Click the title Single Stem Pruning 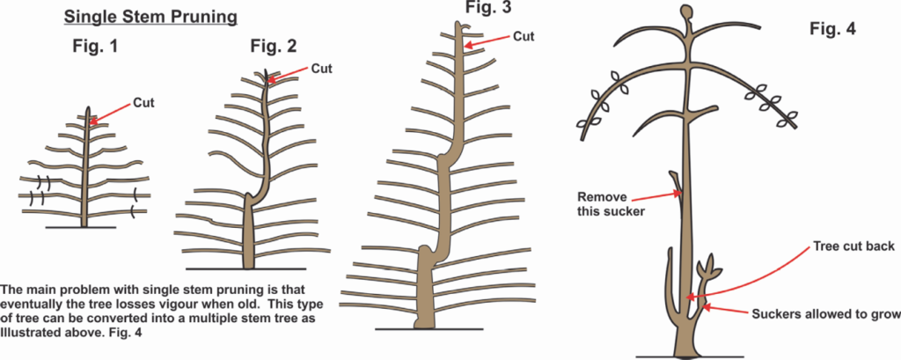pyautogui.click(x=150, y=18)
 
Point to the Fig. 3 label pyautogui.click(x=487, y=7)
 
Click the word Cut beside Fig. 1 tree pyautogui.click(x=143, y=103)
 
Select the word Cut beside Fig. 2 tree pyautogui.click(x=322, y=69)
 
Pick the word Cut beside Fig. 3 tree pyautogui.click(x=524, y=36)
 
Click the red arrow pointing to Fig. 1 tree pyautogui.click(x=110, y=114)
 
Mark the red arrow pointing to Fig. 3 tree pyautogui.click(x=487, y=42)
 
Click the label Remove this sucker pyautogui.click(x=609, y=203)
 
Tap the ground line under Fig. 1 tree pyautogui.click(x=81, y=228)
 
